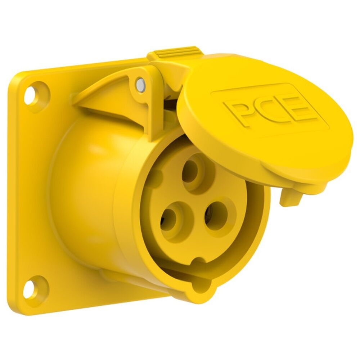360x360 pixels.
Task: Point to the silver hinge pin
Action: tap(140, 85)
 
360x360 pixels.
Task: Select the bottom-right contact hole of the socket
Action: tap(215, 215)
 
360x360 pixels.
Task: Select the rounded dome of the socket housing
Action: tap(83, 180)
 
